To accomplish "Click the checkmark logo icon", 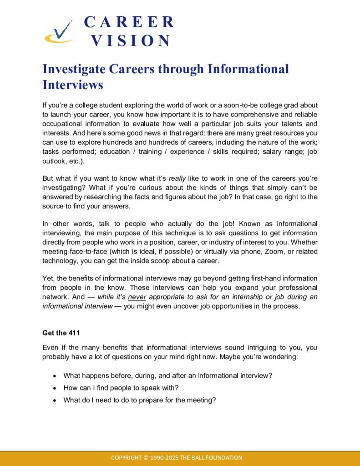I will tap(58, 32).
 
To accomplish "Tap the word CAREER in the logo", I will tap(129, 22).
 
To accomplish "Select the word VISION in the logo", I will tap(130, 41).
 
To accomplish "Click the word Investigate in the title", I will tap(75, 69).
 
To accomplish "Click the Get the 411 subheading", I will tap(61, 333).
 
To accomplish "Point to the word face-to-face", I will tap(84, 252).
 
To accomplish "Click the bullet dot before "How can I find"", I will tap(55, 388).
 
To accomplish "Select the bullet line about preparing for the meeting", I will tap(139, 400).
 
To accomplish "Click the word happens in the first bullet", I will tap(98, 376).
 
